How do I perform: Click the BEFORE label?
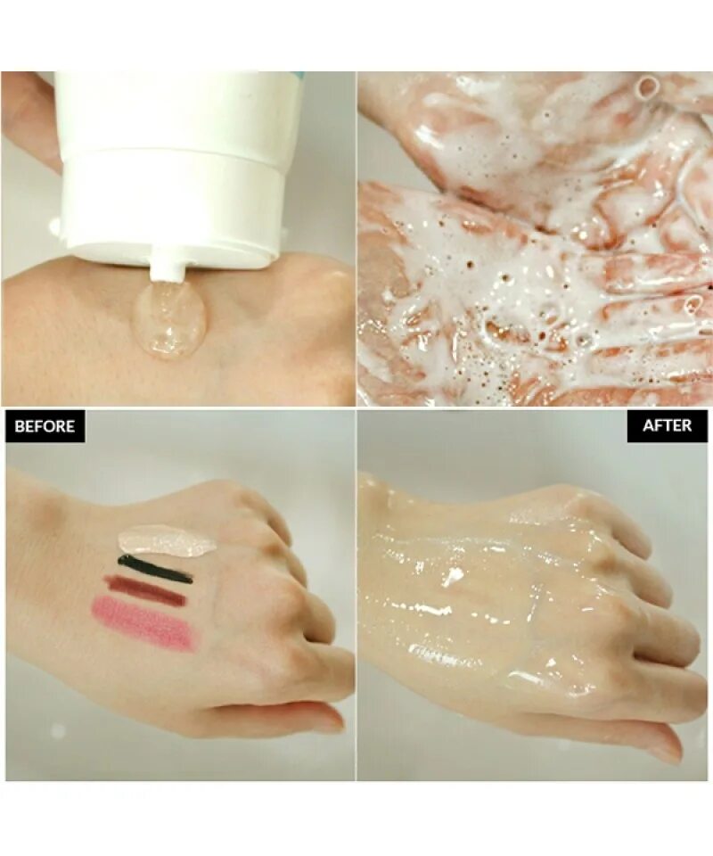pyautogui.click(x=45, y=426)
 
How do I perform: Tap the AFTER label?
pyautogui.click(x=667, y=425)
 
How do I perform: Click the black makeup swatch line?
pyautogui.click(x=154, y=569)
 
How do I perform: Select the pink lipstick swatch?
pyautogui.click(x=143, y=622)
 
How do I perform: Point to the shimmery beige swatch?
pyautogui.click(x=167, y=540)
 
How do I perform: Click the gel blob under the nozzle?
pyautogui.click(x=169, y=321)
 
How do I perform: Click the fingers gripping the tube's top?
pyautogui.click(x=27, y=116)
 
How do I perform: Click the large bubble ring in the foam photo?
pyautogui.click(x=648, y=87)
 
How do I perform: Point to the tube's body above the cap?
pyautogui.click(x=178, y=107)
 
